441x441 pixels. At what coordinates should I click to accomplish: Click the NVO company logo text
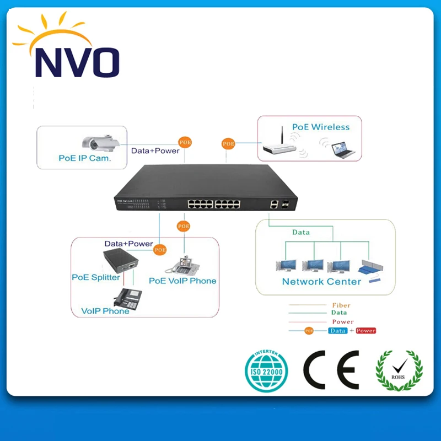pos(77,62)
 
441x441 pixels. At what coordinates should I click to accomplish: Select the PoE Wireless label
pos(321,127)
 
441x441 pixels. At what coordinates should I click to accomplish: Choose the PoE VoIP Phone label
pos(182,281)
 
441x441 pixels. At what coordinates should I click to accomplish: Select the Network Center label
pos(321,281)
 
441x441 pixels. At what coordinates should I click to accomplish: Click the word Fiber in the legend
pos(341,305)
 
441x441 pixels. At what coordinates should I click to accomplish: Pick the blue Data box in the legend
pos(337,331)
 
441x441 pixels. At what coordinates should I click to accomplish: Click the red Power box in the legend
pos(366,331)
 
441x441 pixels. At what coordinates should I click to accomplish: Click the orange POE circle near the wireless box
pos(228,143)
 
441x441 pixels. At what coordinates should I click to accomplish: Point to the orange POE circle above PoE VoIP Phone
pos(183,226)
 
